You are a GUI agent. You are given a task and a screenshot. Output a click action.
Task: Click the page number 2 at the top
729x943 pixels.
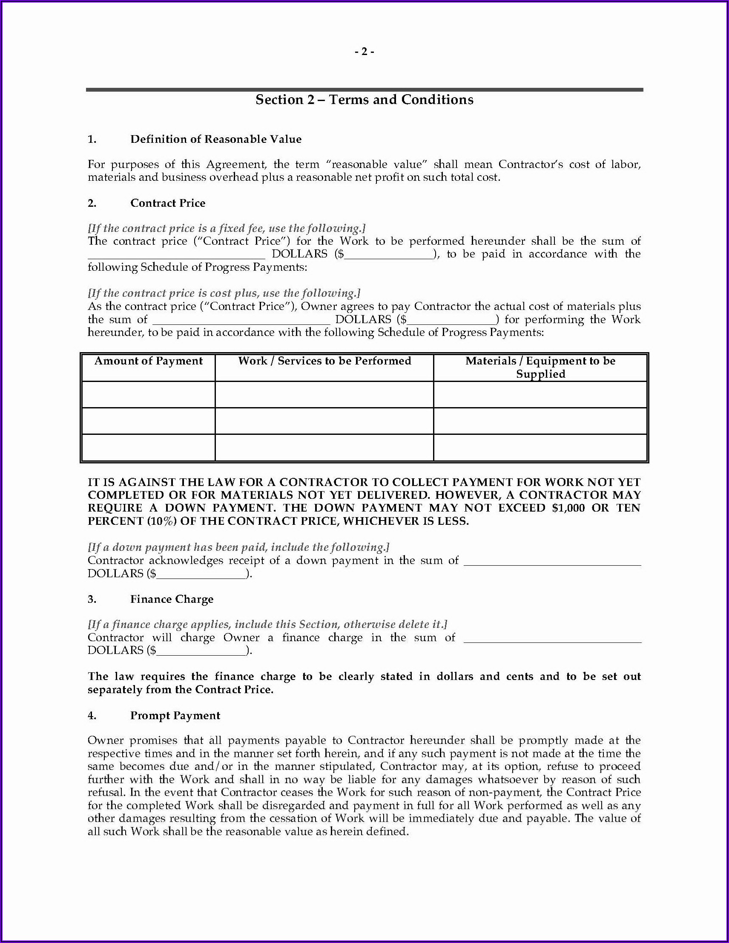click(364, 52)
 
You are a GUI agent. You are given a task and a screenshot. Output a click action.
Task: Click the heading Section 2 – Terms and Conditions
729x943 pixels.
click(364, 100)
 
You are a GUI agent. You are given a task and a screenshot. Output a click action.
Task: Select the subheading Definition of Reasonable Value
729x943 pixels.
click(216, 139)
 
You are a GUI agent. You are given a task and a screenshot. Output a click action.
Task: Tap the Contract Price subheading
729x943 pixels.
click(168, 203)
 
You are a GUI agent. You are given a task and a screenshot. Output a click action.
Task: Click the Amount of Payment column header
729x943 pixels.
click(148, 361)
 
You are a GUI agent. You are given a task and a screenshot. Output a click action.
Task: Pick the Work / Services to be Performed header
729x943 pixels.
click(324, 361)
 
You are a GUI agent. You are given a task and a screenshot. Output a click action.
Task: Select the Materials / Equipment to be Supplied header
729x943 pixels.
click(540, 367)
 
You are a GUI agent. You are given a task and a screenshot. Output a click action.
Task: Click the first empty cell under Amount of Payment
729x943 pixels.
click(148, 395)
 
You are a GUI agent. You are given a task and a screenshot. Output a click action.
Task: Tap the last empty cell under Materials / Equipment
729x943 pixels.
click(540, 447)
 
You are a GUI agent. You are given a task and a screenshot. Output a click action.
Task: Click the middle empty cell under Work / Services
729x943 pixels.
click(324, 421)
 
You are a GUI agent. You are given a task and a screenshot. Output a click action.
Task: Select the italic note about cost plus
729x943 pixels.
click(224, 293)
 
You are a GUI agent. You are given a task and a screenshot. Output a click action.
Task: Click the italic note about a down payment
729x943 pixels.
click(238, 547)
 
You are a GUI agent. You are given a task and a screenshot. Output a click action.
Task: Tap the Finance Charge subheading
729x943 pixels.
click(172, 599)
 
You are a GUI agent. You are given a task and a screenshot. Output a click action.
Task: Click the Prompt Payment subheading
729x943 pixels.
click(175, 715)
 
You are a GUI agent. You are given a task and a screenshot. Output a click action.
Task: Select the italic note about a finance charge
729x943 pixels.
click(267, 625)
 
